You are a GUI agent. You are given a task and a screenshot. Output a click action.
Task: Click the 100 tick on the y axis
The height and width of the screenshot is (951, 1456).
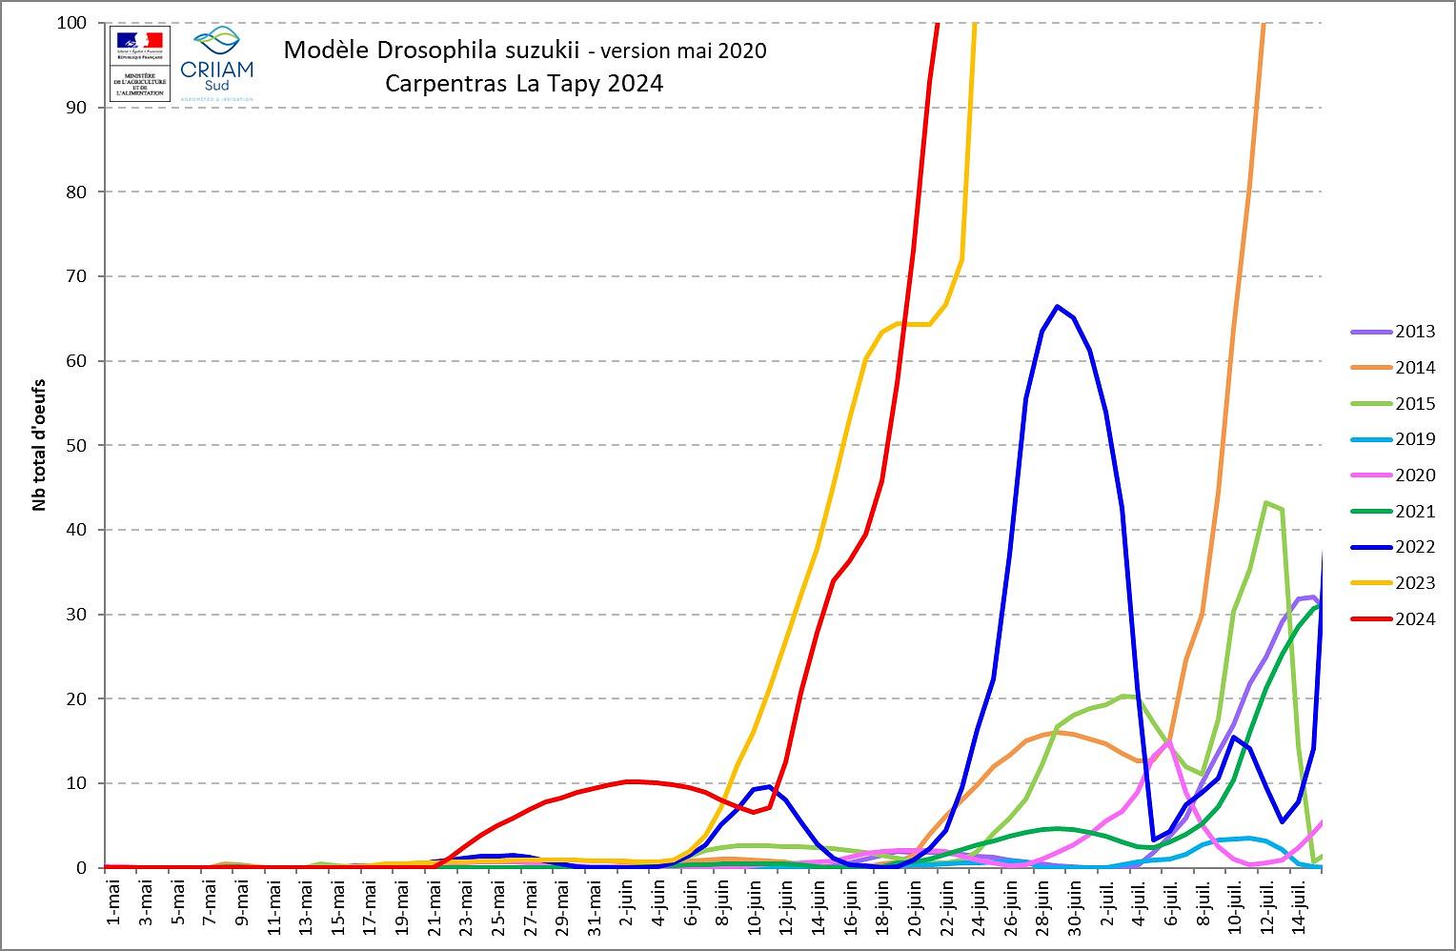pyautogui.click(x=73, y=22)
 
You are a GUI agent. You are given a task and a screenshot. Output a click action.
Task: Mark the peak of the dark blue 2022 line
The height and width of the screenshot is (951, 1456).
pyautogui.click(x=1057, y=307)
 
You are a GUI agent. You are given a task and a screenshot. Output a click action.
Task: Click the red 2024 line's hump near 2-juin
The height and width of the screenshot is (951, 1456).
pyautogui.click(x=629, y=781)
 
